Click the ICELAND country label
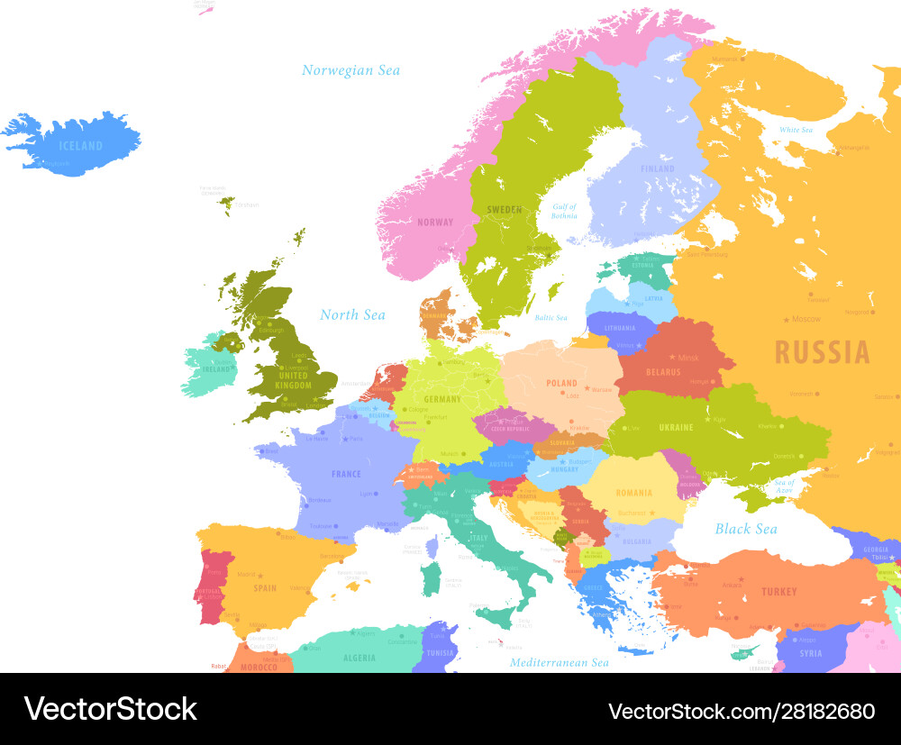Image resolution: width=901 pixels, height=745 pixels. pyautogui.click(x=80, y=146)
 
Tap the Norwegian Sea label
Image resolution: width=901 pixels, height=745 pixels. pyautogui.click(x=350, y=70)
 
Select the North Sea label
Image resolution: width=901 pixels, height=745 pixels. pyautogui.click(x=352, y=314)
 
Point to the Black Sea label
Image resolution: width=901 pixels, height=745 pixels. pyautogui.click(x=745, y=529)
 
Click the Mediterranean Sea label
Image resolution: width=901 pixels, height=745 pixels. pyautogui.click(x=560, y=662)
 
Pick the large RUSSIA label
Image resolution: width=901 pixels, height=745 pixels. pyautogui.click(x=823, y=352)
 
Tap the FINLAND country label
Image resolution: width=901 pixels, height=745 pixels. pyautogui.click(x=657, y=168)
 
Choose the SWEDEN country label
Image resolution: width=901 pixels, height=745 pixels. pyautogui.click(x=504, y=210)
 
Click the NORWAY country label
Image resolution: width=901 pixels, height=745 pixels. pyautogui.click(x=435, y=223)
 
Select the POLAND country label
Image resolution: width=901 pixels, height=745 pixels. pyautogui.click(x=561, y=383)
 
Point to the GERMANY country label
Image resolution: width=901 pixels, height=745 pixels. pyautogui.click(x=441, y=399)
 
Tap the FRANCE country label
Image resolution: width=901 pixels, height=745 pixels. pyautogui.click(x=346, y=474)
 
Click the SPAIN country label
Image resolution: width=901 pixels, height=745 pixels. pyautogui.click(x=265, y=588)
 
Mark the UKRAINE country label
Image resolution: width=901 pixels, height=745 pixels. pyautogui.click(x=676, y=427)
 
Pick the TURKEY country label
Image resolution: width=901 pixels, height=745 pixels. pyautogui.click(x=778, y=592)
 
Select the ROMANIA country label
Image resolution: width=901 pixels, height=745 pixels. pyautogui.click(x=634, y=493)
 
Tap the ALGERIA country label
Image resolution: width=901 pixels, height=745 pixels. pyautogui.click(x=359, y=658)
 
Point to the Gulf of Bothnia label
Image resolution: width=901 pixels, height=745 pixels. pyautogui.click(x=564, y=212)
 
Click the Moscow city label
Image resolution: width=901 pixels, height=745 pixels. pyautogui.click(x=805, y=319)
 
